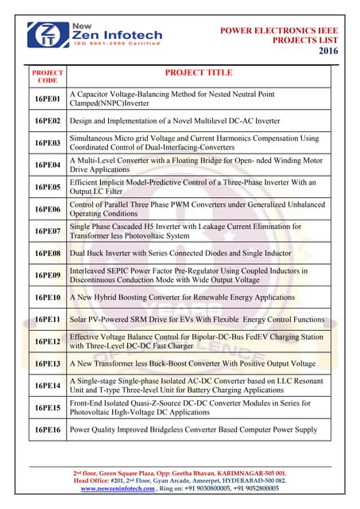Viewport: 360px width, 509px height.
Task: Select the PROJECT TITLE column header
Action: click(198, 73)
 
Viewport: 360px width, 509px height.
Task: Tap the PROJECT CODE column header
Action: click(47, 76)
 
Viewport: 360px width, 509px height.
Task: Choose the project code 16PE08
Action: click(47, 253)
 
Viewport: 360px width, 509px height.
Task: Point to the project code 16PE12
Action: click(47, 341)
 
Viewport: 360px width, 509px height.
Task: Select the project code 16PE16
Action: click(47, 429)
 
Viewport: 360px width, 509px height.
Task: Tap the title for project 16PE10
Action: click(182, 297)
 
